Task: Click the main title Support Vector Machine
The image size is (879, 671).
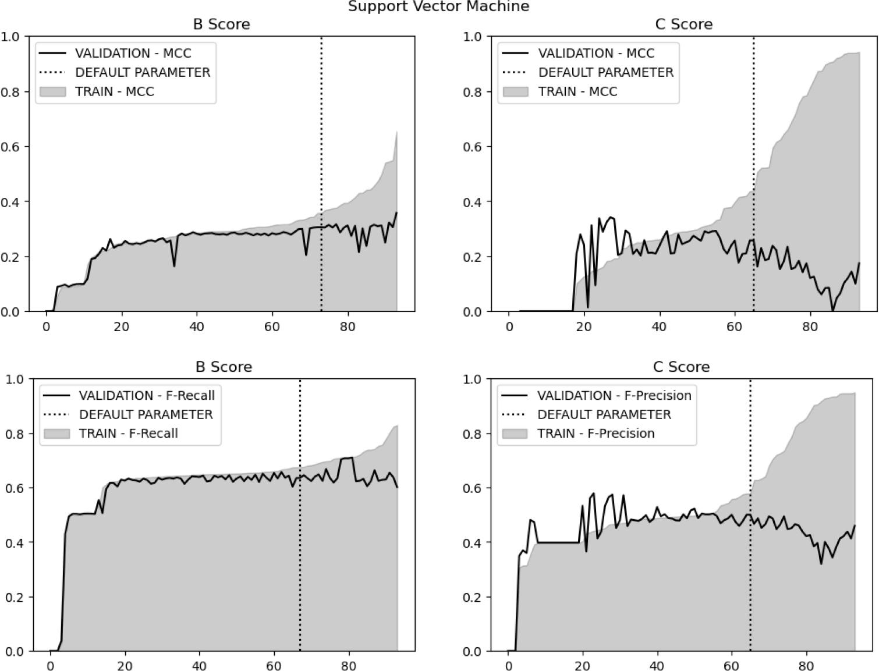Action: click(438, 7)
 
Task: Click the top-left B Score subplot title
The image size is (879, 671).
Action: click(221, 24)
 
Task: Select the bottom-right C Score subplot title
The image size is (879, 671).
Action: click(681, 367)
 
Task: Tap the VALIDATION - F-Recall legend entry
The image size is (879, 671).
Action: click(147, 396)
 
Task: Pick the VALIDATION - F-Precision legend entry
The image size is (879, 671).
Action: click(614, 396)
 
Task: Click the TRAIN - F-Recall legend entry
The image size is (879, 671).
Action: click(128, 434)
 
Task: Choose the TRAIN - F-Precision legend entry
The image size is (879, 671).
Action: click(596, 434)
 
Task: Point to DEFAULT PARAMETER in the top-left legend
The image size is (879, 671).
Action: click(143, 72)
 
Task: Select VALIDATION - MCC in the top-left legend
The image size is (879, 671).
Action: click(133, 53)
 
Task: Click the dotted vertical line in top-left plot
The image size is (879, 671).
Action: click(321, 145)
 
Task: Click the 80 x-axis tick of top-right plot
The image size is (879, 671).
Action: click(810, 326)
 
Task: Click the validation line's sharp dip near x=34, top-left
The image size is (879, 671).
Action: click(174, 266)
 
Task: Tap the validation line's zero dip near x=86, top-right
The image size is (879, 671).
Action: click(832, 311)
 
